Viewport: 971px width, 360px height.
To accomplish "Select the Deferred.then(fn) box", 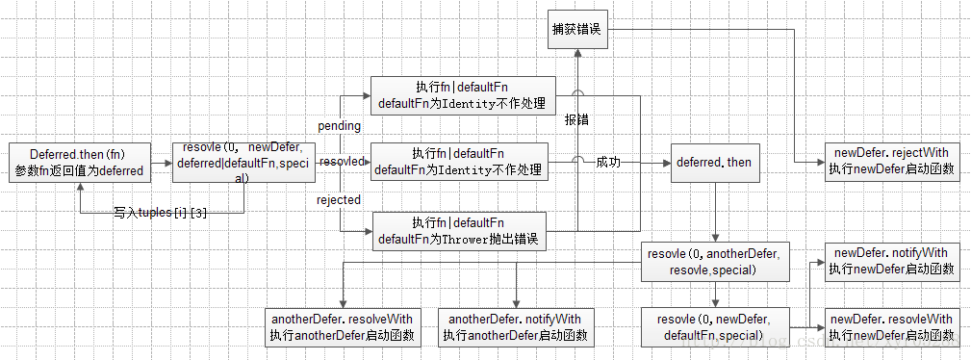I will (78, 162).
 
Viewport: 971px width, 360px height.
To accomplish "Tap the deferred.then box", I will (713, 163).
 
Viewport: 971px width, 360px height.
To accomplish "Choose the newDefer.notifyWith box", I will (891, 261).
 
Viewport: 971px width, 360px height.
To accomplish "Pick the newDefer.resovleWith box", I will (891, 326).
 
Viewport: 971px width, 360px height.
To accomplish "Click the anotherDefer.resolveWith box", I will (342, 327).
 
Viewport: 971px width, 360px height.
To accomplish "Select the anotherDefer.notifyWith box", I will (515, 327).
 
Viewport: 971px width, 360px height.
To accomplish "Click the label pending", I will (339, 126).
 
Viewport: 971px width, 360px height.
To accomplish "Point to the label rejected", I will (339, 199).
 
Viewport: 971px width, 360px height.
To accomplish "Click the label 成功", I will (607, 163).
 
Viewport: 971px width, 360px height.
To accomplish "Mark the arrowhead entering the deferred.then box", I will (665, 163).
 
